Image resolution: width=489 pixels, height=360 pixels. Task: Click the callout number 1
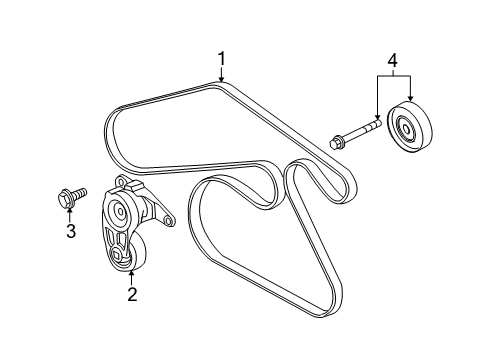coord(223,59)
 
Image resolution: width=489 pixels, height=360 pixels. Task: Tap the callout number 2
coord(131,294)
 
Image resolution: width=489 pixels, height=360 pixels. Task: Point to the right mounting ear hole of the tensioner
coord(167,218)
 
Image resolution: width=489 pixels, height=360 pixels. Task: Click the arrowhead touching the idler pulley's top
coord(411,98)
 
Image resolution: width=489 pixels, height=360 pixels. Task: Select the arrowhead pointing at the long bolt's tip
coord(376,118)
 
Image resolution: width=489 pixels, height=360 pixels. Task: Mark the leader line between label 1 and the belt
coord(223,72)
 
